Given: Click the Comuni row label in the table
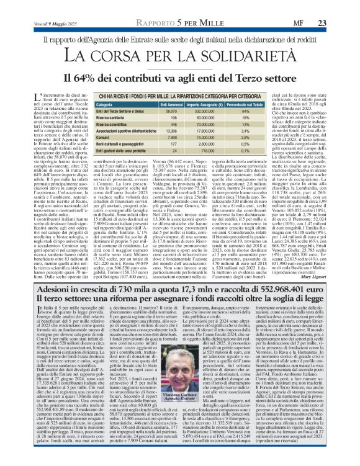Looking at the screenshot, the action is point(94,137).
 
